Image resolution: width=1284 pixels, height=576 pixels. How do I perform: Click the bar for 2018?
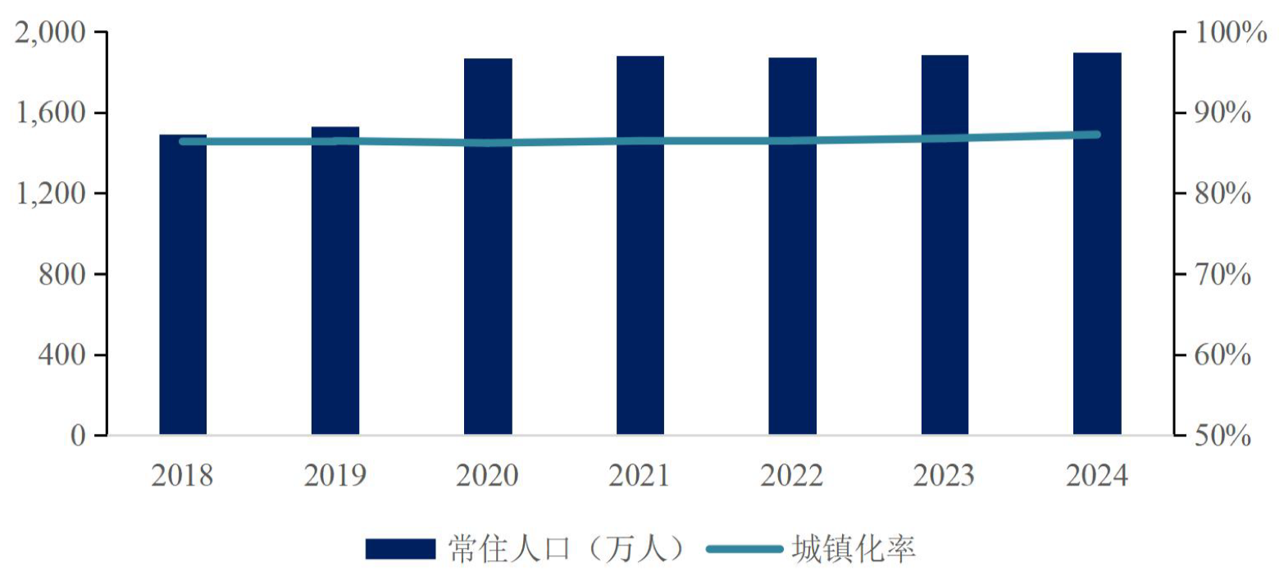click(183, 287)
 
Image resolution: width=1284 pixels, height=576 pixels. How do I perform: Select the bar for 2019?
click(335, 283)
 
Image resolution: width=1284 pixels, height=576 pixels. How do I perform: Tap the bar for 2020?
click(488, 246)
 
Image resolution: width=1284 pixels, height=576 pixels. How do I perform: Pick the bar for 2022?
click(792, 246)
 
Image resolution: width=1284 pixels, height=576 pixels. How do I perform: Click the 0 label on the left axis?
click(77, 435)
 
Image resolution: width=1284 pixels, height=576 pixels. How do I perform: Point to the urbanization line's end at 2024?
click(1097, 135)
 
